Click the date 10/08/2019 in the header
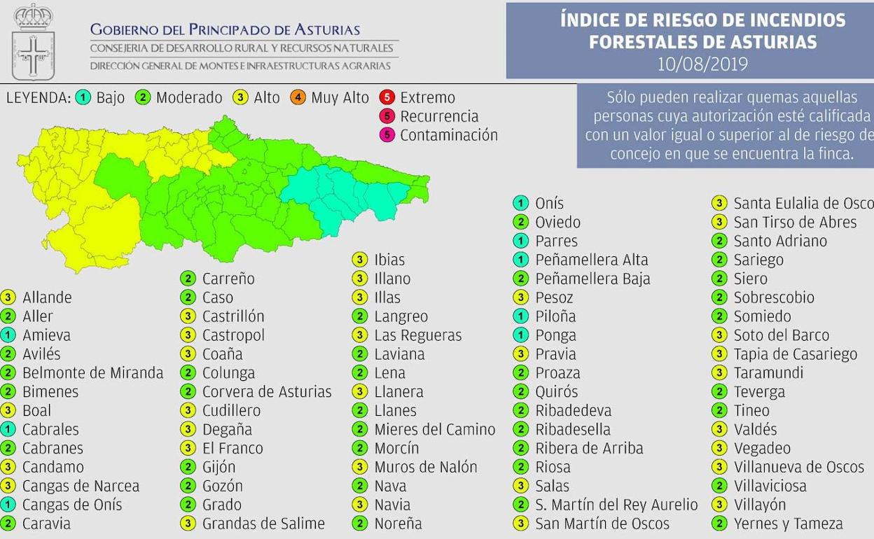[x=702, y=64]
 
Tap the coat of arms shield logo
[x=32, y=43]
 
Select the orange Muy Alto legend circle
[x=298, y=97]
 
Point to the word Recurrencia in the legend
[x=439, y=116]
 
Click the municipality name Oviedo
[x=557, y=222]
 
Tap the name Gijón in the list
[x=218, y=467]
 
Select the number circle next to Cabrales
[x=8, y=429]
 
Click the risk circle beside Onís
[x=520, y=203]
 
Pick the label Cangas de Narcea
[x=81, y=486]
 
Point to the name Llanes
[x=395, y=410]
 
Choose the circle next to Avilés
[x=8, y=354]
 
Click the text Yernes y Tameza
[x=788, y=524]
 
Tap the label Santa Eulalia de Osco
[x=803, y=203]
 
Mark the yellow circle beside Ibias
[x=359, y=260]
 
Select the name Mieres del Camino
[x=434, y=429]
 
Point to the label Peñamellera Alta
[x=592, y=260]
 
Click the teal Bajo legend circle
[x=83, y=97]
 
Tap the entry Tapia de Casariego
[x=795, y=354]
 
